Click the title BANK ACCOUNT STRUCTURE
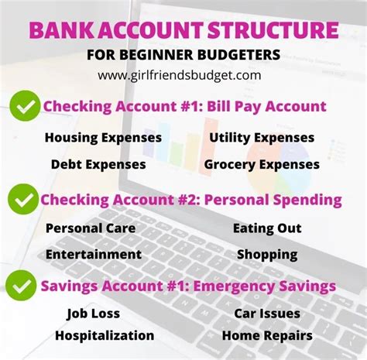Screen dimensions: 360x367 (183, 31)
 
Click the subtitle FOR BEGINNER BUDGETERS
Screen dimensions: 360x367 (184, 56)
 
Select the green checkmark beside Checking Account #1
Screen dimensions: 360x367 (25, 107)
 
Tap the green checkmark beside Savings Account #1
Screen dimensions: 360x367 (21, 285)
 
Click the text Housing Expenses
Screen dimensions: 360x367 (103, 138)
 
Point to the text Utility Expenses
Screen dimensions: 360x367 (262, 138)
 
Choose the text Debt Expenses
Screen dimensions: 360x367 (98, 164)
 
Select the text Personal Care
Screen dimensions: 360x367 (91, 228)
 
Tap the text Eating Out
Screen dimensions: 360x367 (267, 228)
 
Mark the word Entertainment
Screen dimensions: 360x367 (94, 254)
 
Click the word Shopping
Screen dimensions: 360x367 (267, 254)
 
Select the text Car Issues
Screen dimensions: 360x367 (267, 314)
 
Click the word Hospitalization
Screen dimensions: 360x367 (105, 335)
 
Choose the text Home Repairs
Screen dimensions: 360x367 (267, 335)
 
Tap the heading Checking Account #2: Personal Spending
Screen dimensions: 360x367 (191, 200)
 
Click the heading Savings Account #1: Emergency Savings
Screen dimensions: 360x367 (188, 286)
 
